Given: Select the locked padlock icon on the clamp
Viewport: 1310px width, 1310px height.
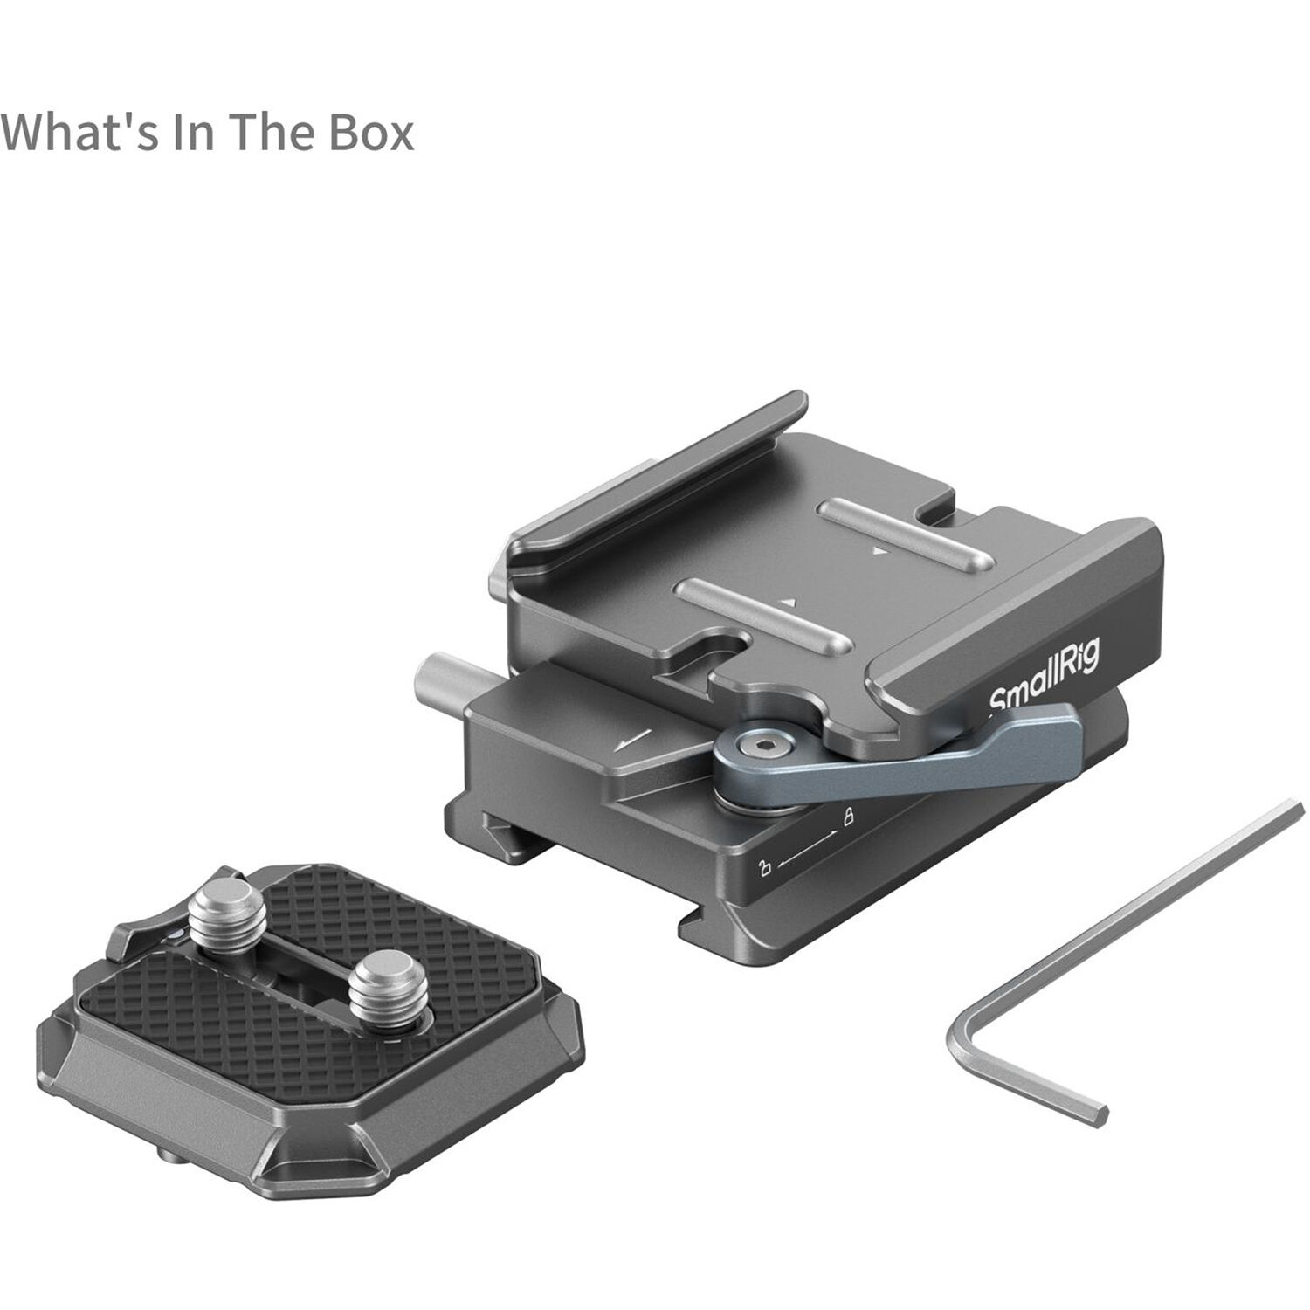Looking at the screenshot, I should [x=847, y=818].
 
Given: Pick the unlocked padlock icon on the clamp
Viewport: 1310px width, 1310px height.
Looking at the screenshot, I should [x=765, y=867].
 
